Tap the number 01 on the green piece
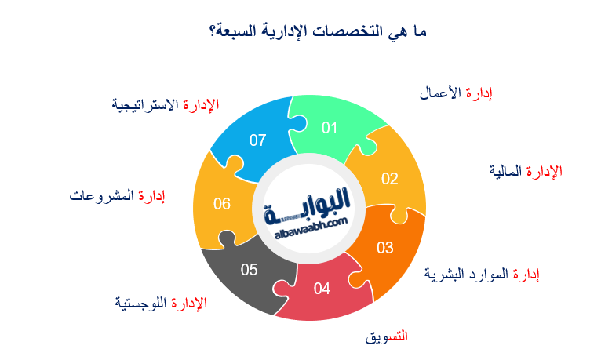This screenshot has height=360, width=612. pos(329,128)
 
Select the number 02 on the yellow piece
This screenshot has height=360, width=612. pos(390,178)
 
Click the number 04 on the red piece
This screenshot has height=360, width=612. pos(322,289)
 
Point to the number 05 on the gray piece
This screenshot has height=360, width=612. pos(250,270)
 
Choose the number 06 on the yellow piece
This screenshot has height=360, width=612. pos(222,204)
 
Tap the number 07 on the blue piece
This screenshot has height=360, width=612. pos(258,140)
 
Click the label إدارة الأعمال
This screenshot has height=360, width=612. pos(456,93)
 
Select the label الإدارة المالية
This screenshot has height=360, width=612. pos(525,171)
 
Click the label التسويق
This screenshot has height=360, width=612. pos(387,336)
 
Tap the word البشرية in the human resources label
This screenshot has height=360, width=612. pos(447,274)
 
